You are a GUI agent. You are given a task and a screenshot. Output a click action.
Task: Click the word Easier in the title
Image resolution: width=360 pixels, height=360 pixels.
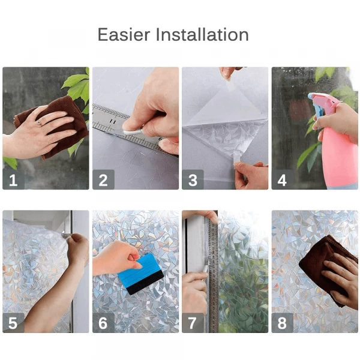[x=124, y=35]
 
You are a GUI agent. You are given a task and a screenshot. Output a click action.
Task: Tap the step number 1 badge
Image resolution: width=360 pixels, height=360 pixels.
[x=13, y=179]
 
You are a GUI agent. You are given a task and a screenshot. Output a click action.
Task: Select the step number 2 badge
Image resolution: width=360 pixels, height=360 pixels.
[x=103, y=179]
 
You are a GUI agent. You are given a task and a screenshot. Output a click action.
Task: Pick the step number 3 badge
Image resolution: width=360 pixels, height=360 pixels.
[x=193, y=179]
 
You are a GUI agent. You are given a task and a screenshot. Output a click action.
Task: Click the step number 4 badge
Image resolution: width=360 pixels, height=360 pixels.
[x=282, y=179]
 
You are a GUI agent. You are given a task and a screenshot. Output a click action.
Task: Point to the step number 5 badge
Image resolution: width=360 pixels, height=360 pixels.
[x=13, y=323]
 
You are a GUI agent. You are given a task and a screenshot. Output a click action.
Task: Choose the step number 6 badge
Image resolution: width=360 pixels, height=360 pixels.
[x=103, y=323]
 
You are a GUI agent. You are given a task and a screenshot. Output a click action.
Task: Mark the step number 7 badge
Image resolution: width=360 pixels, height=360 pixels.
[x=193, y=323]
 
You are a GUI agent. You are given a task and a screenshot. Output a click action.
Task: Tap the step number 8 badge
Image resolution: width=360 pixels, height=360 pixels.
[x=282, y=323]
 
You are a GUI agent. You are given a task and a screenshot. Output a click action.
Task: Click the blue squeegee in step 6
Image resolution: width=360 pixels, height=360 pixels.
[x=142, y=269]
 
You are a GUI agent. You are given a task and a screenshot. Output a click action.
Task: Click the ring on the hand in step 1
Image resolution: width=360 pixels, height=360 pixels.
[x=39, y=122]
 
